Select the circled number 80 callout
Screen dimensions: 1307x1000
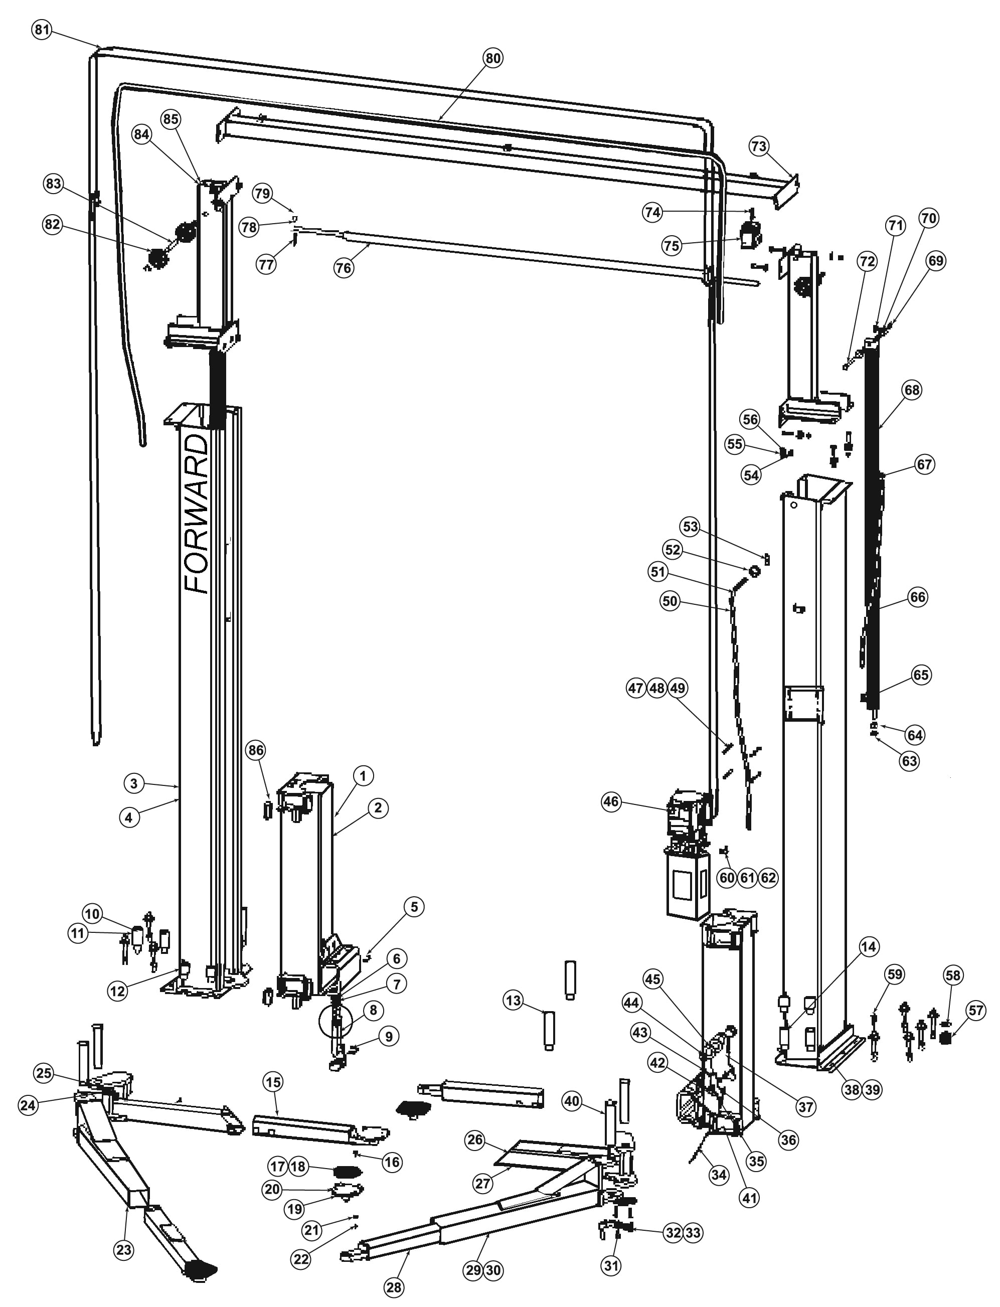pos(492,58)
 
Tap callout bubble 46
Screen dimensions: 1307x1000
pos(611,801)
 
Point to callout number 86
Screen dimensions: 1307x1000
pos(255,750)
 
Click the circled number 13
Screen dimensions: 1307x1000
pos(513,1001)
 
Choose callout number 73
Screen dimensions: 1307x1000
pos(759,146)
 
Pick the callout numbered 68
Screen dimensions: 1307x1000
pos(911,390)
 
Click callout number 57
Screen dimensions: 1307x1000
pos(976,1010)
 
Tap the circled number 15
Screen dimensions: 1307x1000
pos(273,1082)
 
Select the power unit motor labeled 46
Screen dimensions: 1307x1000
pos(691,815)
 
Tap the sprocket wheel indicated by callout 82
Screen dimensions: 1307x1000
pos(158,258)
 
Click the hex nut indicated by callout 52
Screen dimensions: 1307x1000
pos(754,571)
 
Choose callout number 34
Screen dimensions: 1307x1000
pos(719,1174)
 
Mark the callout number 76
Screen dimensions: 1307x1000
pos(344,268)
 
